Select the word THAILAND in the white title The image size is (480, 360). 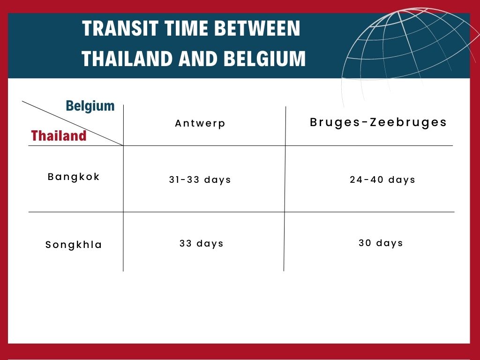pos(126,59)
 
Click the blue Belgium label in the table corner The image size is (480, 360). pos(90,105)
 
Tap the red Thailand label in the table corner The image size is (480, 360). pos(59,136)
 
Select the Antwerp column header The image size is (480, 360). pos(200,123)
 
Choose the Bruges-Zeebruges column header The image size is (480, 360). pos(378,122)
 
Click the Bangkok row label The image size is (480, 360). pos(74,177)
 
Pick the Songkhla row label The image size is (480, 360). pos(74,245)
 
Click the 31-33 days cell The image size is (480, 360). pos(200,180)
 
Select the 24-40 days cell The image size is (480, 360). pos(382,180)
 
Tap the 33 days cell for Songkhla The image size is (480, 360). pos(202,244)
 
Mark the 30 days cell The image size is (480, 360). pos(381,243)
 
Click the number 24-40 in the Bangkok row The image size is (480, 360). pos(367,180)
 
